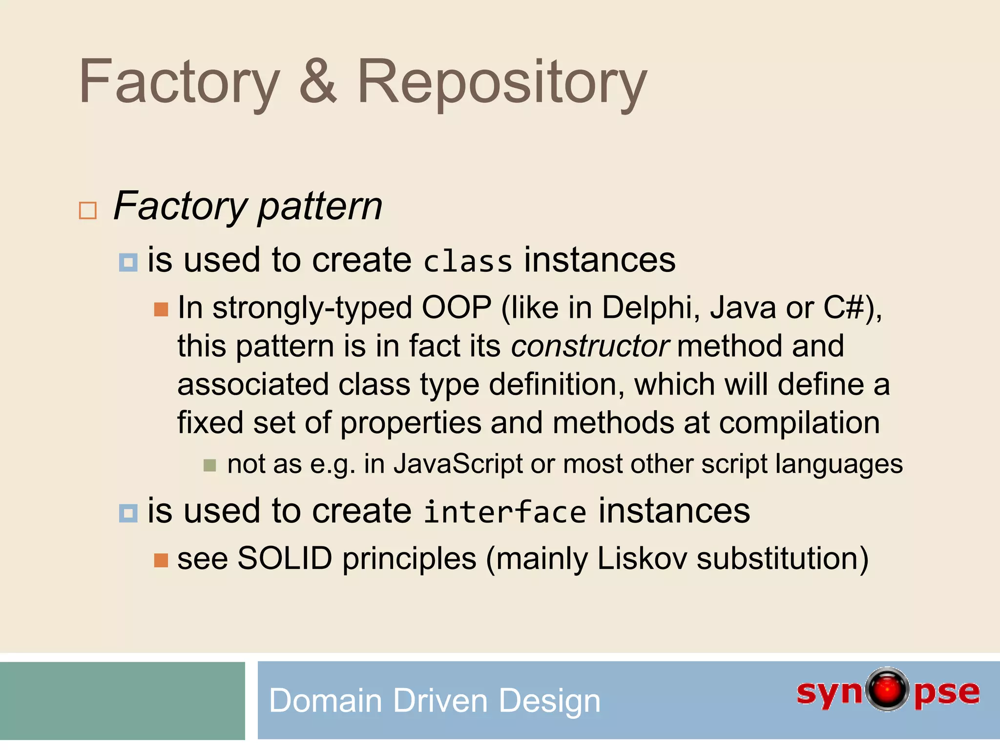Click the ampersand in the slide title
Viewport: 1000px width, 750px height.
[x=318, y=82]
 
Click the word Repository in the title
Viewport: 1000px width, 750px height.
[x=501, y=83]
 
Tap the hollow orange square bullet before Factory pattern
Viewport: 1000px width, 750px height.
[x=88, y=210]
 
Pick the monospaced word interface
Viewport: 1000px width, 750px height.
[x=504, y=512]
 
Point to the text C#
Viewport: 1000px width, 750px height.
[x=844, y=308]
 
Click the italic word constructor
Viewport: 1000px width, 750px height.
[x=590, y=346]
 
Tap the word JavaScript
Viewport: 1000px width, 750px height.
[x=458, y=464]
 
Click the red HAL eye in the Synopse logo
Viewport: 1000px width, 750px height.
[x=887, y=689]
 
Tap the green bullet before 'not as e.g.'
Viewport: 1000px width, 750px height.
[x=209, y=465]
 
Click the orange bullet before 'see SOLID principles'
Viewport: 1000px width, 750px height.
[x=161, y=560]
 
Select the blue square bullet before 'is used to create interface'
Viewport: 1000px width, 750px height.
[x=128, y=513]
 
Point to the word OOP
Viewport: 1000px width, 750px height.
[x=457, y=308]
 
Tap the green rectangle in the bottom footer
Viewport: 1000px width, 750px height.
[x=122, y=701]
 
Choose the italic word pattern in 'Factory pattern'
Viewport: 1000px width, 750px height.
[x=320, y=207]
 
